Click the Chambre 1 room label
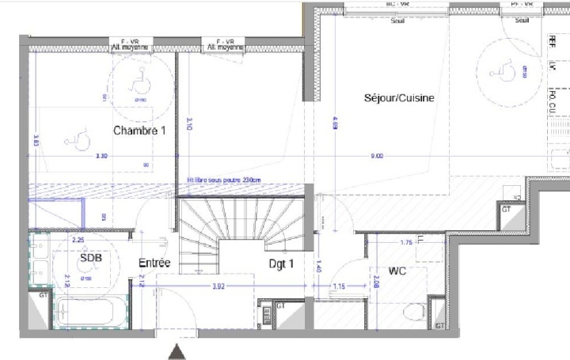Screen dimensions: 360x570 tap(139, 131)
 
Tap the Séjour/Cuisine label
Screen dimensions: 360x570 tap(400, 98)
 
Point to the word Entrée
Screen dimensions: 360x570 tap(155, 263)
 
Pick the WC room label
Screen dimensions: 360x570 tap(397, 271)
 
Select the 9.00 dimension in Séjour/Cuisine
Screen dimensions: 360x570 tap(376, 157)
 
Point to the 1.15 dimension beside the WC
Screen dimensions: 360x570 tap(339, 286)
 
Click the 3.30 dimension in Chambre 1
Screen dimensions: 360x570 tap(101, 157)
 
